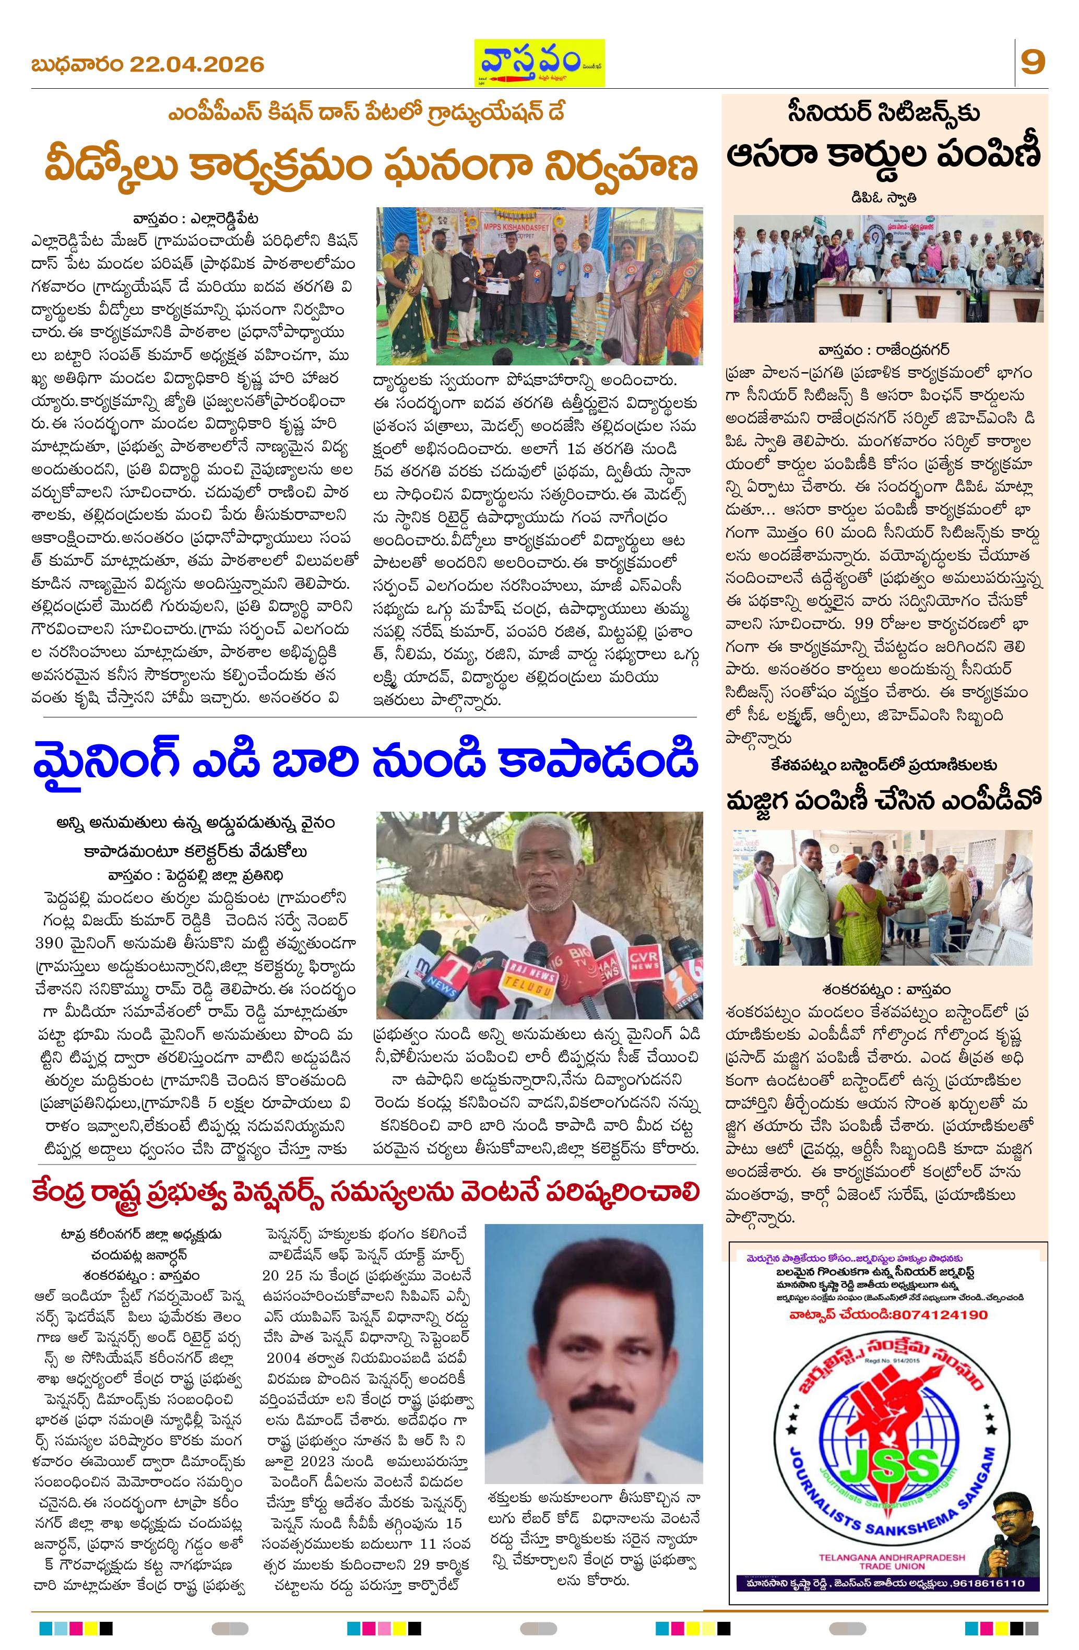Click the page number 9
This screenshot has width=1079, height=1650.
pyautogui.click(x=1033, y=63)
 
